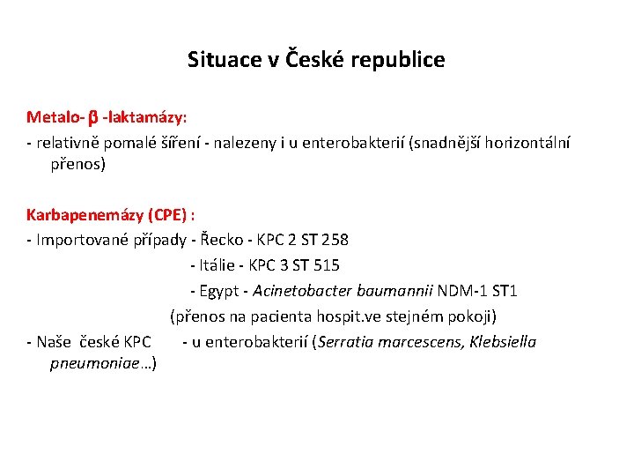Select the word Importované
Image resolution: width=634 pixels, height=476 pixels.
pyautogui.click(x=85, y=240)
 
